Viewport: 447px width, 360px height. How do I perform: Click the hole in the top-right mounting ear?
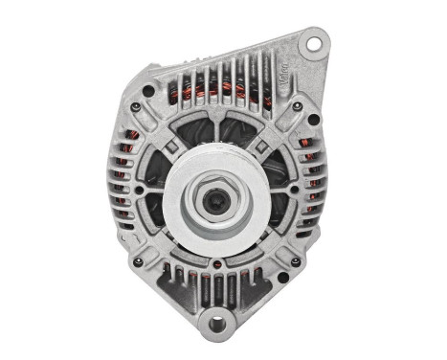(x=312, y=43)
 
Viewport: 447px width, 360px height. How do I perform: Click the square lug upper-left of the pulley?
(x=168, y=146)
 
